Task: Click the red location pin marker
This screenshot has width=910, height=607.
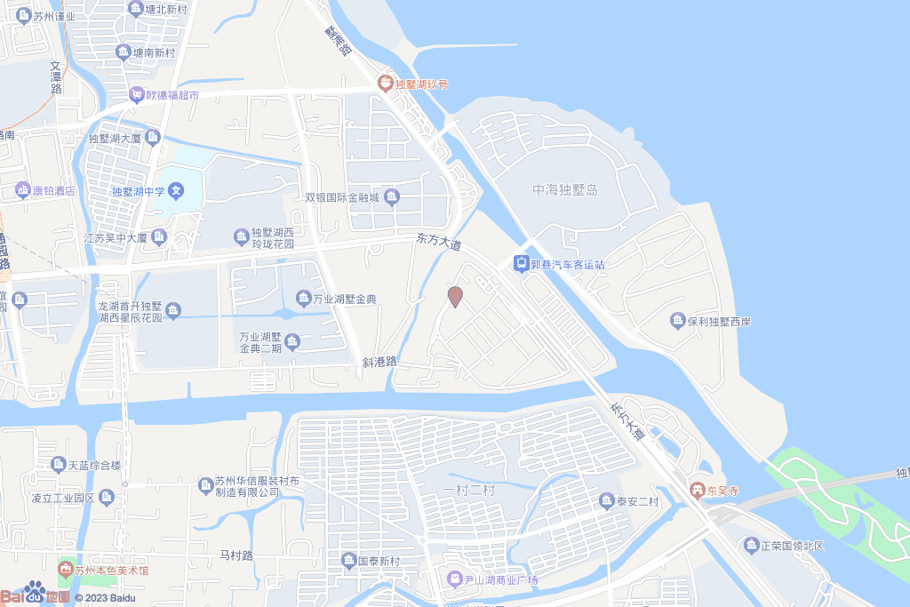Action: coord(455,297)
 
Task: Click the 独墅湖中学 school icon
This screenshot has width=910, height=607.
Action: coord(176,190)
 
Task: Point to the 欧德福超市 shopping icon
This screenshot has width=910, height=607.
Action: coord(137,94)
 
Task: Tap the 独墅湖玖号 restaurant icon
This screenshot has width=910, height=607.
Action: coord(385,84)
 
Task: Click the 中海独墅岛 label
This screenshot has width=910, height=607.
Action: coord(564,190)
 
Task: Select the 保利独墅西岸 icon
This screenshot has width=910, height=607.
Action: coord(677,320)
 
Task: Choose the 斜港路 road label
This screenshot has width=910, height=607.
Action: coord(379,362)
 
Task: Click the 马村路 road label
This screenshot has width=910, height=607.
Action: coord(236,555)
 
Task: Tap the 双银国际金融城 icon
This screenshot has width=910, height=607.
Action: coord(392,197)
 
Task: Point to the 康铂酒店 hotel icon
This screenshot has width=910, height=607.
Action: coord(22,190)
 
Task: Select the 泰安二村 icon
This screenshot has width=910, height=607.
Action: coord(607,501)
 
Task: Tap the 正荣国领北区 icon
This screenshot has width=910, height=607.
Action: coord(752,545)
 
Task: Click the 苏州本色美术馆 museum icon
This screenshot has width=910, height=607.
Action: coord(64,570)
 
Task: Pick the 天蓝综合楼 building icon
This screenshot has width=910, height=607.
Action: coord(59,464)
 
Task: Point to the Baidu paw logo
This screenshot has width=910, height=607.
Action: coord(36,593)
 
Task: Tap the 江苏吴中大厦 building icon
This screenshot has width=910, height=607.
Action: coord(159,237)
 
